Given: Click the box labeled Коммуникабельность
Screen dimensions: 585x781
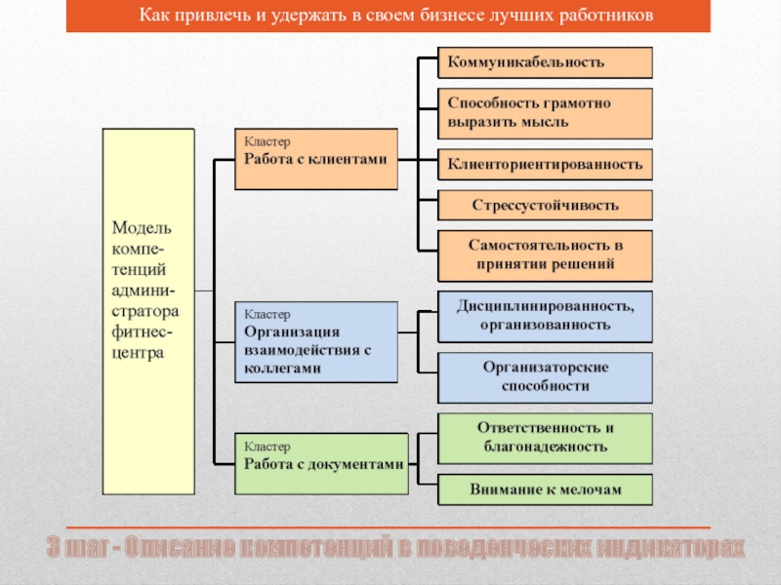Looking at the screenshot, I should (545, 62).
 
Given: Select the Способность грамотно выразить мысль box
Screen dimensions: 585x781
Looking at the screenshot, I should (545, 113).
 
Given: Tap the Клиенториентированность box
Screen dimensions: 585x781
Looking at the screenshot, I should (545, 164).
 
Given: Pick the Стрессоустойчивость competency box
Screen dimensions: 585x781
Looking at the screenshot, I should (545, 206).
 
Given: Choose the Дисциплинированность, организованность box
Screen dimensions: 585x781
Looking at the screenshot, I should (545, 315).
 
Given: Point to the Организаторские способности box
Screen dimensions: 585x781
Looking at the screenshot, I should (545, 376).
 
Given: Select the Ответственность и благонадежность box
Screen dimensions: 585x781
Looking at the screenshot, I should (545, 438).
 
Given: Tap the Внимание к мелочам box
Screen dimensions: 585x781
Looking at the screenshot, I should (545, 488).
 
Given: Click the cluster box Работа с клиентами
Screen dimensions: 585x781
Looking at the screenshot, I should (315, 158).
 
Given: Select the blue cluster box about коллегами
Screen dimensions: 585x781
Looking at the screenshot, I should (315, 341).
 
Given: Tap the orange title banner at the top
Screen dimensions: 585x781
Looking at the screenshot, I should (388, 17).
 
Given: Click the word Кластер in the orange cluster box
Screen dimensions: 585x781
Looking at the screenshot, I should (267, 141).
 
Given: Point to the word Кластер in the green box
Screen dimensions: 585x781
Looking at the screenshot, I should (267, 447).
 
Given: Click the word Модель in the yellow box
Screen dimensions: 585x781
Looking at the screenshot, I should (142, 228).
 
